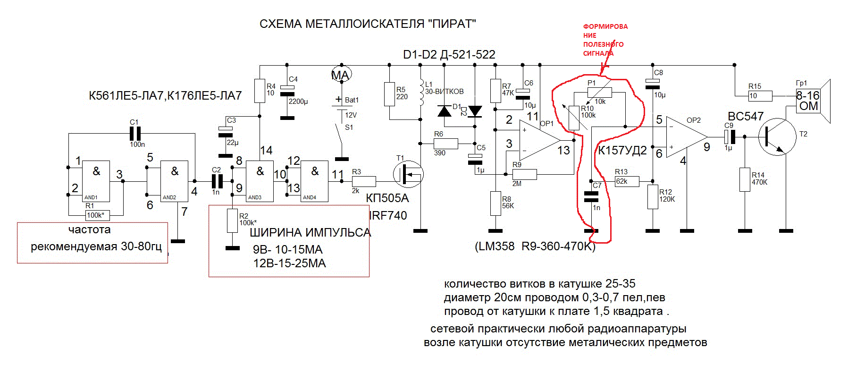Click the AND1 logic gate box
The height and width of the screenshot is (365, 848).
point(96,181)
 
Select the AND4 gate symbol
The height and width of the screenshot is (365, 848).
point(315,181)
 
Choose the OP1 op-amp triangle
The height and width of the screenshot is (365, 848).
point(538,140)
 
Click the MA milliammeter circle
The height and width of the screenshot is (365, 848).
point(341,75)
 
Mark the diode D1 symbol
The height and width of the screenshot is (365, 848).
point(445,111)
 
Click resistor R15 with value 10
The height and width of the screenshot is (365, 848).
point(760,96)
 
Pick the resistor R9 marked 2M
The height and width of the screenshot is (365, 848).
point(524,174)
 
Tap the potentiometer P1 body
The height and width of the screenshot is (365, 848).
point(600,92)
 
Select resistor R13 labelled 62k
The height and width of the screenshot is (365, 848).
point(627,181)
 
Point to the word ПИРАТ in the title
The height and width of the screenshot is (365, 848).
point(453,24)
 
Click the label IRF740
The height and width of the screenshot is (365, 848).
point(388,216)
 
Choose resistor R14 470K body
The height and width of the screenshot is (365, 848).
point(745,179)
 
